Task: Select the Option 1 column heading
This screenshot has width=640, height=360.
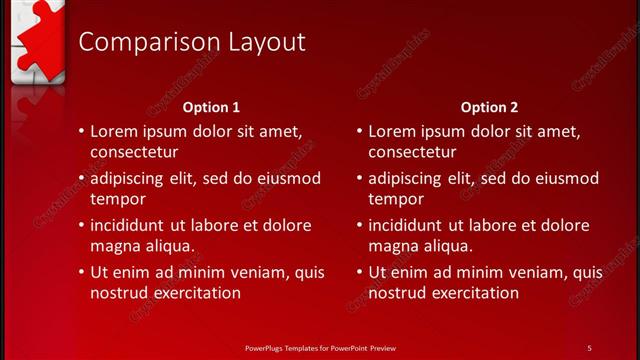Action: coord(212,106)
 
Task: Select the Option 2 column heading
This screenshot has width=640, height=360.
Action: coord(490,106)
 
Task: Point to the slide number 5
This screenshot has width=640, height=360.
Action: coord(589,347)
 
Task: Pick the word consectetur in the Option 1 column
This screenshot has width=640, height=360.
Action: coord(134,152)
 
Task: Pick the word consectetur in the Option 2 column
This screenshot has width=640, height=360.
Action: coord(412,152)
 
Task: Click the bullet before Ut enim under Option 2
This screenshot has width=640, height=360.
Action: coord(359,272)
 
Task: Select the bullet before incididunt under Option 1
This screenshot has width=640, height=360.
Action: coord(81,225)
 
